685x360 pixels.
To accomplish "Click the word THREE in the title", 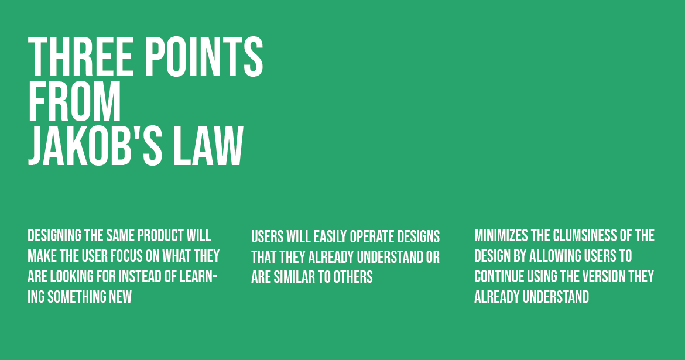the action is coord(81,57).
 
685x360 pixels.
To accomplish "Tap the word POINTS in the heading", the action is coord(204,57).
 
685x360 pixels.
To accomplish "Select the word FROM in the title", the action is coord(74,101).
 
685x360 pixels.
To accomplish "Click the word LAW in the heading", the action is coord(208,146).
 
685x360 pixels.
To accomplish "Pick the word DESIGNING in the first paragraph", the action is coord(54,235).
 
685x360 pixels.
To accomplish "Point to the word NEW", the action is coord(121,297).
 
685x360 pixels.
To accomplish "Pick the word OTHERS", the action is coord(353,277).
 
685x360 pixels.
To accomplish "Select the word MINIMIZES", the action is coord(501,235).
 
